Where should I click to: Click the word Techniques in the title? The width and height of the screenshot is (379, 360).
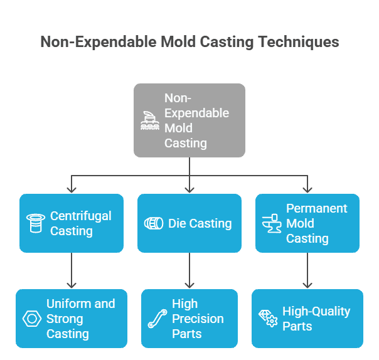[298, 42]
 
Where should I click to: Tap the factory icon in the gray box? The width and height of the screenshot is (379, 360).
[150, 120]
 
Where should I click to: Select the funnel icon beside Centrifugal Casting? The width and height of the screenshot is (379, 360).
[36, 223]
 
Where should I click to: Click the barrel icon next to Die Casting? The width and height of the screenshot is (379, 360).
[154, 223]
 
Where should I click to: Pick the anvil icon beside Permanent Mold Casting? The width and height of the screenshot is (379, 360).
[272, 223]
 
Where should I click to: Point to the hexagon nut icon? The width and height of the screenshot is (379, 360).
[32, 319]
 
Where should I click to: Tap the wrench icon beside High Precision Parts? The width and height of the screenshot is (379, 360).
[157, 319]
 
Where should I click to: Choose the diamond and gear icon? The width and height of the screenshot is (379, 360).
[268, 319]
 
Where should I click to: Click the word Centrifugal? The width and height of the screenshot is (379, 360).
[81, 216]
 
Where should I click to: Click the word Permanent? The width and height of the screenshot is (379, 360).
[317, 208]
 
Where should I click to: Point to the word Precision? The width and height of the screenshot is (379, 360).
[198, 319]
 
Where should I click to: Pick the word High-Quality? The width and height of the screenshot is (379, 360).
[316, 312]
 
